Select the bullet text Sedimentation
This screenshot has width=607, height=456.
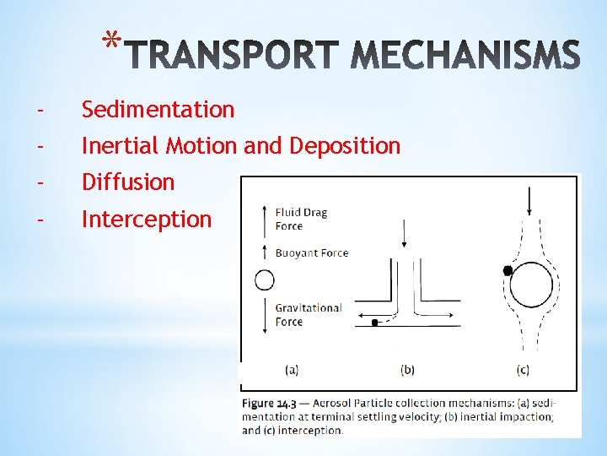coord(158,110)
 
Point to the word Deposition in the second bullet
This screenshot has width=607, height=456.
coord(345,146)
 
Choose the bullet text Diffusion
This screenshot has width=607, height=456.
coord(127,182)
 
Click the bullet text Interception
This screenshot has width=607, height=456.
coord(146,220)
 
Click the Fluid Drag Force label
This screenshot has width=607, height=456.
coord(301,220)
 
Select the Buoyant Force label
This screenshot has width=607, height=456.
coord(311,252)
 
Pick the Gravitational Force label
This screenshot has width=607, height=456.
coord(308,314)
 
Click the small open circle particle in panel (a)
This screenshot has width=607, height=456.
coord(265,280)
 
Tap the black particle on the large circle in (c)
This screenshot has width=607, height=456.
coord(508,271)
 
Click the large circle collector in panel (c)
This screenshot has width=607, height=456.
coord(532,287)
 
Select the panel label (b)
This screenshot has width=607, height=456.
coord(407,369)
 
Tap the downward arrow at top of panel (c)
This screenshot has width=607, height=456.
coord(529,201)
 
